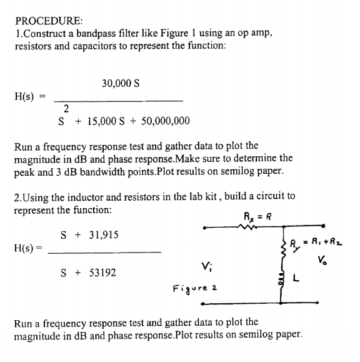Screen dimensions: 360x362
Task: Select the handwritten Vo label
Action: (x=322, y=260)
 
